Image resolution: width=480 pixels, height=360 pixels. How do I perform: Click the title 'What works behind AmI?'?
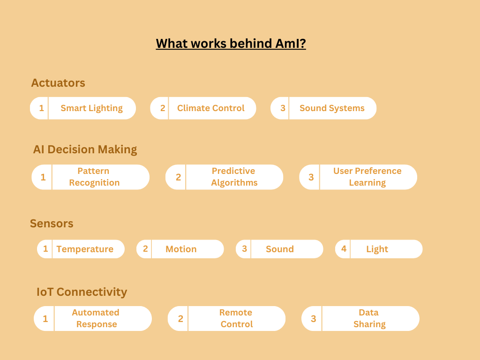pos(231,44)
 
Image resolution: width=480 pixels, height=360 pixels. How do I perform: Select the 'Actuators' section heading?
pos(58,83)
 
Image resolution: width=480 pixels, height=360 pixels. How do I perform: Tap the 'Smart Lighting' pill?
pos(91,108)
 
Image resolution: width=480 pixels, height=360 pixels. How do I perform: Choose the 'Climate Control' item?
pos(210,108)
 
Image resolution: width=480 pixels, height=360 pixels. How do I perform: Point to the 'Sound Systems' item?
pos(332,108)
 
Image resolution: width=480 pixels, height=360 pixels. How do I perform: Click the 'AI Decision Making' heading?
pos(85,150)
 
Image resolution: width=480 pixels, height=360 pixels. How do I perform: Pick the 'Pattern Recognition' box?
pos(94,177)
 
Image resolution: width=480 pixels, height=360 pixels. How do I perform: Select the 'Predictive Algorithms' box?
pos(234,177)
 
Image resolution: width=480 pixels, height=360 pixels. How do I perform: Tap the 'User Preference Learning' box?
pos(367,177)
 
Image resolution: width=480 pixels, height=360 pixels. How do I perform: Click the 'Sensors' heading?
pos(52,224)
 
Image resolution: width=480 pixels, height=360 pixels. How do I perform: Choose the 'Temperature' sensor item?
pos(85,249)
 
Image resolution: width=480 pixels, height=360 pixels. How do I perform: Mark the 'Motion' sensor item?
pos(181,249)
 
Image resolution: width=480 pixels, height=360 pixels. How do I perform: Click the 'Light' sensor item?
pos(377,249)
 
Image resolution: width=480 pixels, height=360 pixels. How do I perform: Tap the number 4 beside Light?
pos(344,249)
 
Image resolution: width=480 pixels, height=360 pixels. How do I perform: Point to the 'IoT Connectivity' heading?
pos(82,292)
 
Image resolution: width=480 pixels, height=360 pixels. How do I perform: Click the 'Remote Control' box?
pos(236,318)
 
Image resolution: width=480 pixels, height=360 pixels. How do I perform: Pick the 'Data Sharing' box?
pos(369,318)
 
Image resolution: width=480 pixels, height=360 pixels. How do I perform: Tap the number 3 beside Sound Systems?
pos(283,108)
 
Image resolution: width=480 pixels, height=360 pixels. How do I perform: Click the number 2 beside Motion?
pos(145,249)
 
